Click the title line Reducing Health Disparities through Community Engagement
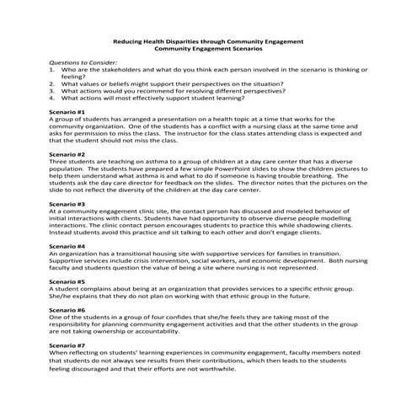click(x=208, y=41)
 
